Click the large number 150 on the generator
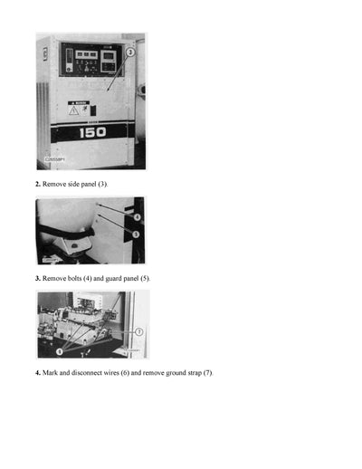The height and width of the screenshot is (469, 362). (92, 132)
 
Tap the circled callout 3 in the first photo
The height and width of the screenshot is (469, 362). (131, 53)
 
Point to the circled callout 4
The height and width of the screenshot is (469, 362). (136, 217)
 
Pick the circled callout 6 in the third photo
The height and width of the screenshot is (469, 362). (60, 349)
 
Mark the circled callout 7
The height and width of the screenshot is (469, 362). (139, 332)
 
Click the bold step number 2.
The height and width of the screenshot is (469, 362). (37, 184)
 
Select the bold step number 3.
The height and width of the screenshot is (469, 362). (37, 278)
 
